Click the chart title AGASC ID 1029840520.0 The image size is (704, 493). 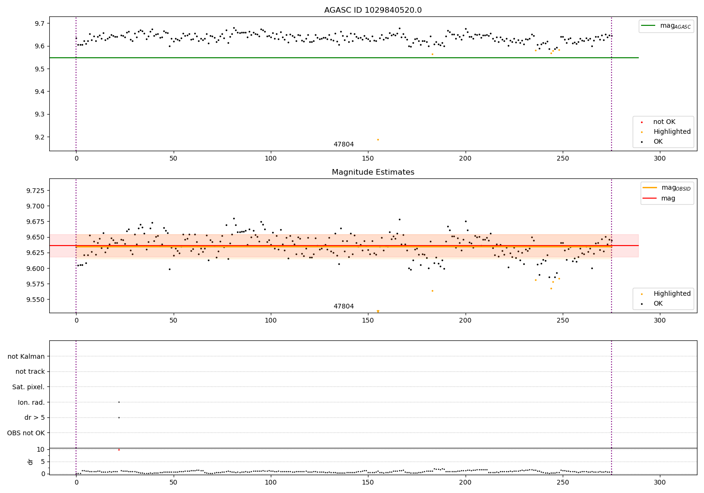(x=373, y=10)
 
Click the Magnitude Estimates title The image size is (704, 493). (x=373, y=172)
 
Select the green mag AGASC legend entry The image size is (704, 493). (x=666, y=26)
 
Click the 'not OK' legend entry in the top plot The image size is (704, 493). (x=664, y=122)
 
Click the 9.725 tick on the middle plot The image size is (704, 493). (x=34, y=191)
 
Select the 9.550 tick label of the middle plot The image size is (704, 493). (x=34, y=300)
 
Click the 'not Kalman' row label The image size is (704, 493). (x=26, y=356)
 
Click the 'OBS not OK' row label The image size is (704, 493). (x=26, y=433)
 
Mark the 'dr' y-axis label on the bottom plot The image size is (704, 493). (x=31, y=462)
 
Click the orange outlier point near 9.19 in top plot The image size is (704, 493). (x=378, y=139)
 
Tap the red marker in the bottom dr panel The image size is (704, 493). (x=119, y=450)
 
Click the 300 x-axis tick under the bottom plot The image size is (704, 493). (x=660, y=482)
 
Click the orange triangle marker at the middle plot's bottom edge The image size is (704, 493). (x=378, y=311)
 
